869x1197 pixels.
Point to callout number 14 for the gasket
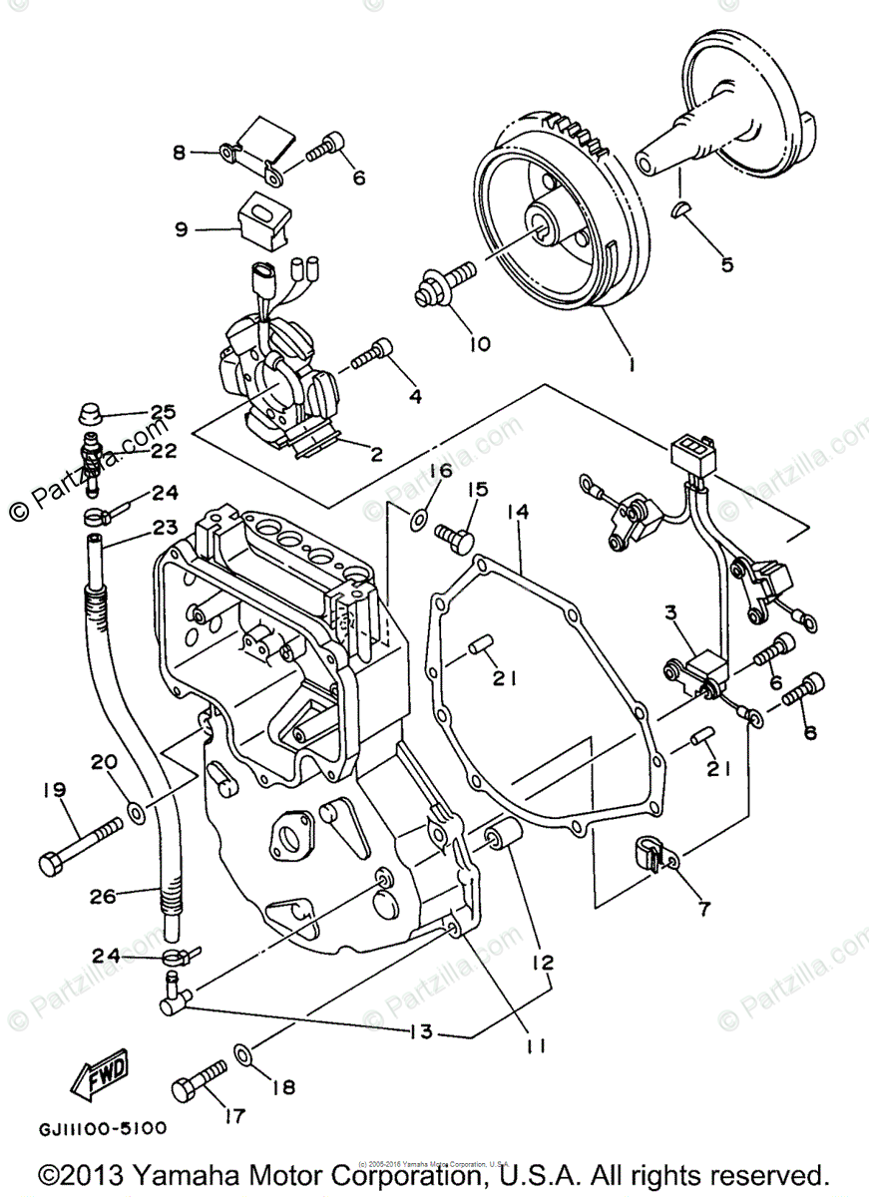518,512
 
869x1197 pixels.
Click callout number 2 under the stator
377,455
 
